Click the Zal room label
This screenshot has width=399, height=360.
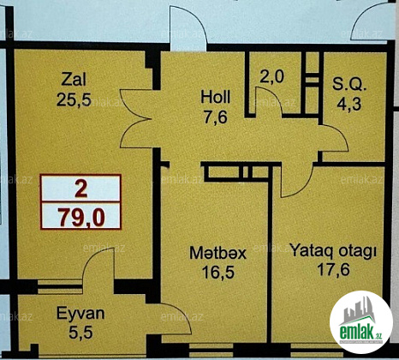click(74, 80)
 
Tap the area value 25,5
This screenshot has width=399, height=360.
click(74, 100)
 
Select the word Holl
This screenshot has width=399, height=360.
click(216, 97)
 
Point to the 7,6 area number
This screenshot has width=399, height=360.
click(216, 117)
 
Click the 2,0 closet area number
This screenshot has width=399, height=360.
click(272, 76)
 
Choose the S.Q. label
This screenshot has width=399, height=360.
click(349, 84)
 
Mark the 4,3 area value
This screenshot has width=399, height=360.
click(348, 104)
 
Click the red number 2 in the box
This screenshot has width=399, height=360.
click(81, 189)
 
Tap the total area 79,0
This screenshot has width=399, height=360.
click(82, 218)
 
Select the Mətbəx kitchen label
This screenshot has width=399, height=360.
click(217, 253)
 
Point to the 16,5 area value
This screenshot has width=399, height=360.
click(218, 273)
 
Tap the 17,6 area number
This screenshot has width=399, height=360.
click(333, 269)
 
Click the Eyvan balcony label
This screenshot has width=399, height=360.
click(80, 314)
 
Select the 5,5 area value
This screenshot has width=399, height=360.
click(80, 333)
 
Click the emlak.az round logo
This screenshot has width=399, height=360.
click(360, 322)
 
